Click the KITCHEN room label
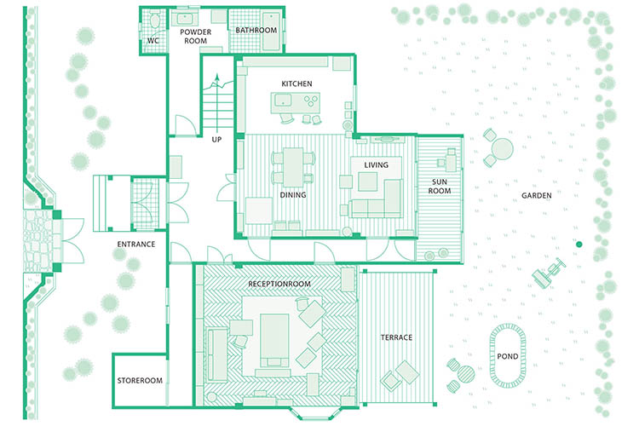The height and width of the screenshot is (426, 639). pos(296,83)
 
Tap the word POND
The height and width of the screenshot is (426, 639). pos(508,356)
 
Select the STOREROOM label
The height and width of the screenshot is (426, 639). pos(140,380)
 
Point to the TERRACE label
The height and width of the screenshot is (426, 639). pos(396,337)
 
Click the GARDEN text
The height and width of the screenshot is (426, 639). pos(536,196)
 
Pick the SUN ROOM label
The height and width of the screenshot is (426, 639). pos(440,187)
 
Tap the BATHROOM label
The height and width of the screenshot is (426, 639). pos(256,30)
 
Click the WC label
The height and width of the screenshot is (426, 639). pos(153,40)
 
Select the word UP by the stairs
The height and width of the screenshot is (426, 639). pos(216,140)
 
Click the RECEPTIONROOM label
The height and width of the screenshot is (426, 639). pos(279,284)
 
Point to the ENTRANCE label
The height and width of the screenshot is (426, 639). pos(136,245)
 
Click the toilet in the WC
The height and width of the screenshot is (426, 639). pos(155,20)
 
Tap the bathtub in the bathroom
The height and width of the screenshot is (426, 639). pos(271,32)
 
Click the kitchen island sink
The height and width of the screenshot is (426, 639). pos(282,100)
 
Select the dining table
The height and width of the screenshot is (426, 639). pos(293,167)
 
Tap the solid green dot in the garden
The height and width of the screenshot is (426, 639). pos(579,245)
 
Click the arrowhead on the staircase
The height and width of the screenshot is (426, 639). pos(217,78)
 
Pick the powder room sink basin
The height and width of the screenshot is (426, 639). pos(184,19)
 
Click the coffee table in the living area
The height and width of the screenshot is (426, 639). pos(367,181)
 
